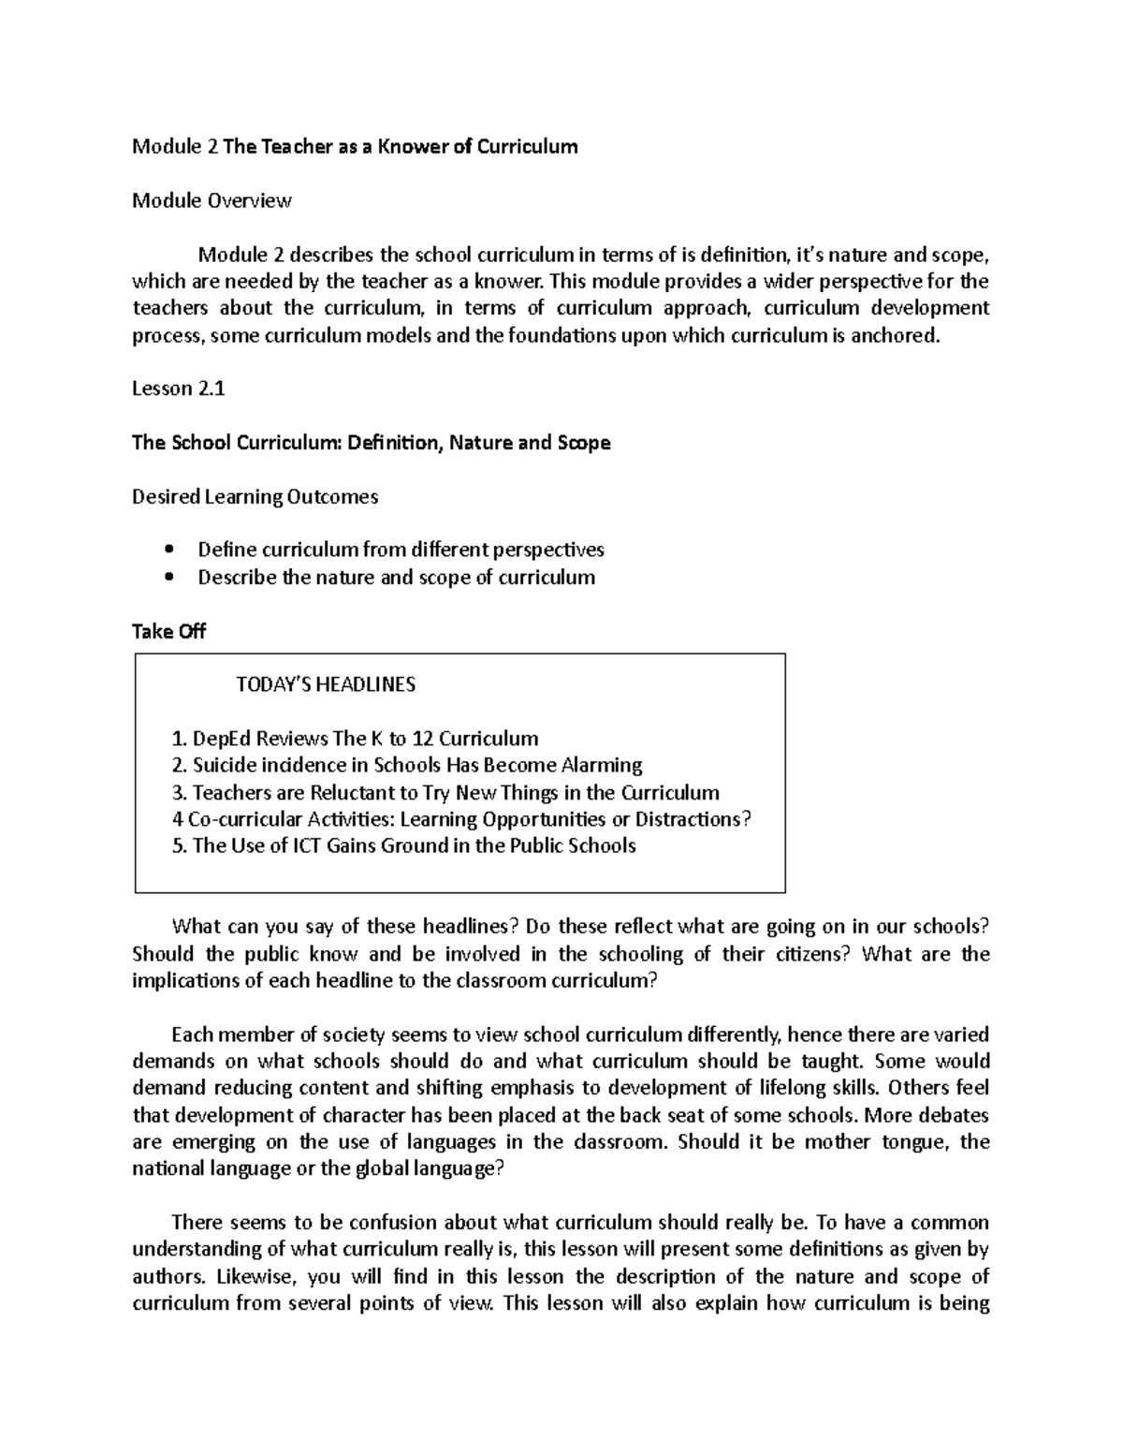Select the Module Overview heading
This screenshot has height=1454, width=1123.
click(x=211, y=200)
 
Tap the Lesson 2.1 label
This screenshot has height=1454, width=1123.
click(x=179, y=389)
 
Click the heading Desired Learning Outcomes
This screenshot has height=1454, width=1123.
click(x=255, y=497)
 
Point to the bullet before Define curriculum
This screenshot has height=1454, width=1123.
click(x=168, y=551)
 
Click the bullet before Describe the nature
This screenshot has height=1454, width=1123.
click(x=168, y=578)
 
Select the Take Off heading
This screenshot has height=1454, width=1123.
click(x=168, y=632)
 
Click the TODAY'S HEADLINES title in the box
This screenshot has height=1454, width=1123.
click(x=326, y=684)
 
